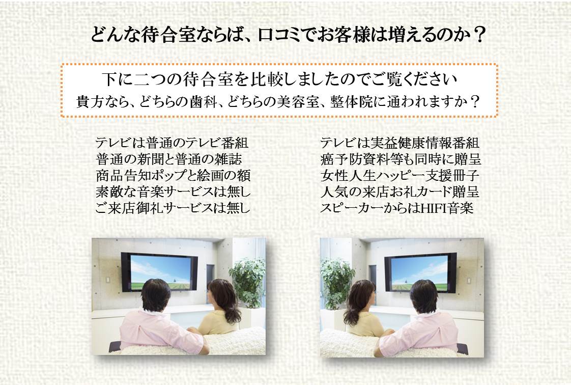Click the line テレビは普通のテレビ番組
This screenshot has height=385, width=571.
(172, 143)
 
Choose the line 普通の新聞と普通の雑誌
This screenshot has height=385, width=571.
(168, 159)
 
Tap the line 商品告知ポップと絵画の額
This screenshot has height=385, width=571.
(173, 176)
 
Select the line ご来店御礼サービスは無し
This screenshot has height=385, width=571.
(173, 208)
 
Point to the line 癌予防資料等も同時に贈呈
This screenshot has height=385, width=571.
(401, 159)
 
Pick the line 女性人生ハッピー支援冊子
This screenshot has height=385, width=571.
(400, 176)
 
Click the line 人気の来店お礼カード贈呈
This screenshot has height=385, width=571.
(400, 191)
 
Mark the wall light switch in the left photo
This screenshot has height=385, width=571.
(108, 280)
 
